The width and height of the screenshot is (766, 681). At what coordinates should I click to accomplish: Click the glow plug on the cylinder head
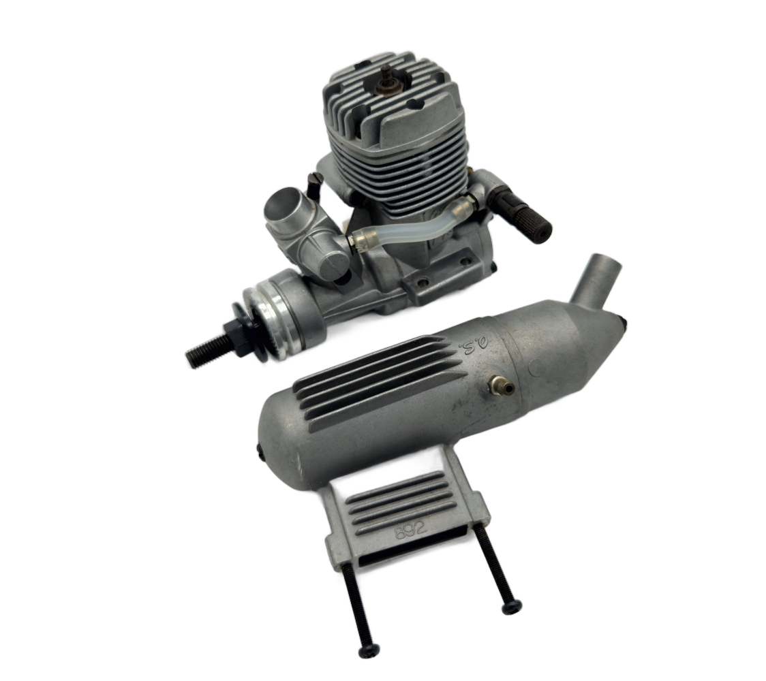[x=389, y=79]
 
